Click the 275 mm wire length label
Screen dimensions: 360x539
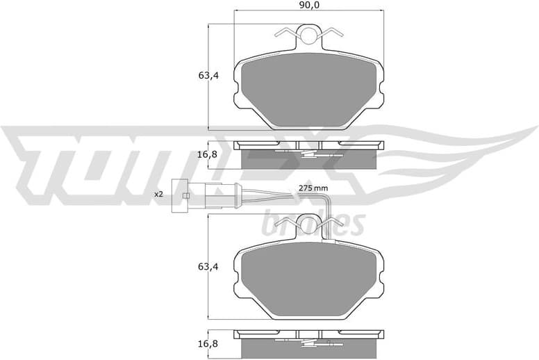click(x=313, y=188)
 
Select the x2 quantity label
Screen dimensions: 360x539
click(x=158, y=195)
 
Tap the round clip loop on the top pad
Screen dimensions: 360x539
click(x=309, y=33)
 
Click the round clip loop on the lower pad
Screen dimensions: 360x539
click(x=309, y=223)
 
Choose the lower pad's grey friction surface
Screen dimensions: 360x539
click(x=309, y=278)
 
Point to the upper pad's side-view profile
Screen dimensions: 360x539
click(x=309, y=154)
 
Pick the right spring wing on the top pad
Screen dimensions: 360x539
click(x=333, y=33)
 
